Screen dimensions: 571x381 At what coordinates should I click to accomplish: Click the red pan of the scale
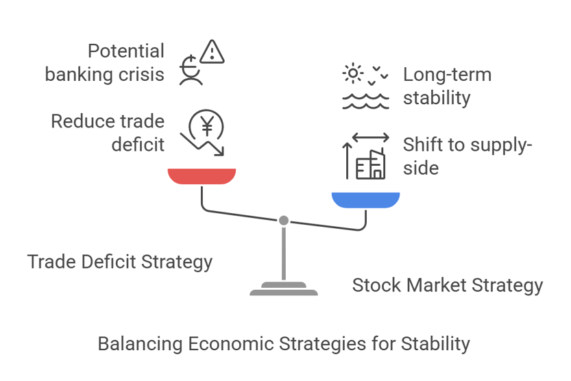tap(202, 176)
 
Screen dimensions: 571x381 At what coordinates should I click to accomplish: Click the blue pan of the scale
tap(365, 200)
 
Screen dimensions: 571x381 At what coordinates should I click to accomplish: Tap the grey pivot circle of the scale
tap(284, 221)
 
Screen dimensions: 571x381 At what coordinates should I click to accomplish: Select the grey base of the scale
tap(284, 288)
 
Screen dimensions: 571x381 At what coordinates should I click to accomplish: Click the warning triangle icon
tap(212, 52)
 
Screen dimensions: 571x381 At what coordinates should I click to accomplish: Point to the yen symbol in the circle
tap(207, 126)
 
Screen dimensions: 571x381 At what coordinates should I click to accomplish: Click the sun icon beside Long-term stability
tap(352, 73)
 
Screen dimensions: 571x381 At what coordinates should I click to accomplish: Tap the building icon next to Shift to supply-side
tap(370, 164)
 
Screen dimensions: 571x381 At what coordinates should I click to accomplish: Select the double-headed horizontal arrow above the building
tap(371, 138)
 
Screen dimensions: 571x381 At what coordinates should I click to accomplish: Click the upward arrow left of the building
tap(348, 160)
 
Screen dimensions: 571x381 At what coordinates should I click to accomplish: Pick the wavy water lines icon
tap(365, 101)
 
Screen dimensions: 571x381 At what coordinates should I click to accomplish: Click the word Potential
tap(126, 51)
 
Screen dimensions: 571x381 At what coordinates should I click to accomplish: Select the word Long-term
tap(447, 75)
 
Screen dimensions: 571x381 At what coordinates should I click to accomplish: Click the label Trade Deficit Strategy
tap(120, 262)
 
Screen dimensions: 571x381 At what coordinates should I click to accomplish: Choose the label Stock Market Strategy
tap(448, 286)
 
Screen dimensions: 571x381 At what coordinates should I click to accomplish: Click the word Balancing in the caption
tap(141, 344)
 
